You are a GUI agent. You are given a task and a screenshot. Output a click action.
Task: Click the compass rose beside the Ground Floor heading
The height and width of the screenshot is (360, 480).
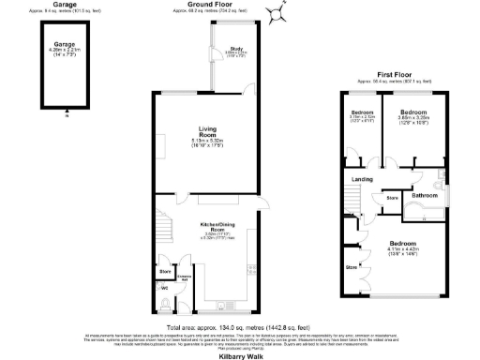pos(274,14)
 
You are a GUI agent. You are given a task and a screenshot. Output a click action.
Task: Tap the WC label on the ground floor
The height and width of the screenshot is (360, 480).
pos(165,286)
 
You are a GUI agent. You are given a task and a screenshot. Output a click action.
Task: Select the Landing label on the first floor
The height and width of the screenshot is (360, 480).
pos(362,178)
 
